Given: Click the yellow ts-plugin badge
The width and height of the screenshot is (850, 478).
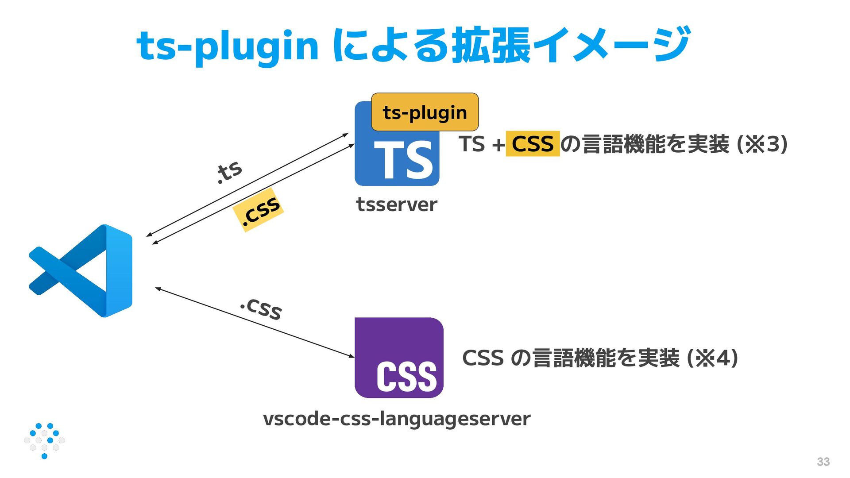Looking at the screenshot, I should point(425,112).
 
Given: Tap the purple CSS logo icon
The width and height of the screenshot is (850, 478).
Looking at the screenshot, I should point(398,357).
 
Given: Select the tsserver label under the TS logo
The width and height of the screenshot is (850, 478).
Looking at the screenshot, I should point(397,204).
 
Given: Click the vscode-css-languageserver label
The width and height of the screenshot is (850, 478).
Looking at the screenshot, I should point(397,419).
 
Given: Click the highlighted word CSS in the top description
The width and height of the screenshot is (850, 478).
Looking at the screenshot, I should point(533,144).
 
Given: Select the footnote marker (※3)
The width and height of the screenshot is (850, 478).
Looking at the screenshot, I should point(762,144).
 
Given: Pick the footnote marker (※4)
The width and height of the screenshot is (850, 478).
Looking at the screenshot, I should point(712,358).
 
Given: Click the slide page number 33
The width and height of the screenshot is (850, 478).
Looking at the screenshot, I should point(823,462).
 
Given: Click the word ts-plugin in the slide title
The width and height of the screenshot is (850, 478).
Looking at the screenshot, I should point(228,46).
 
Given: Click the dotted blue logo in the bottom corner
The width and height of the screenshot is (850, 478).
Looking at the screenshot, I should point(44,440).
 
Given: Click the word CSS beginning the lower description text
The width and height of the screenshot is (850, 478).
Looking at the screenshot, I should point(483,358).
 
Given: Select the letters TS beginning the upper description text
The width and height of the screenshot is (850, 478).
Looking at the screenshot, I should point(472,144).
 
